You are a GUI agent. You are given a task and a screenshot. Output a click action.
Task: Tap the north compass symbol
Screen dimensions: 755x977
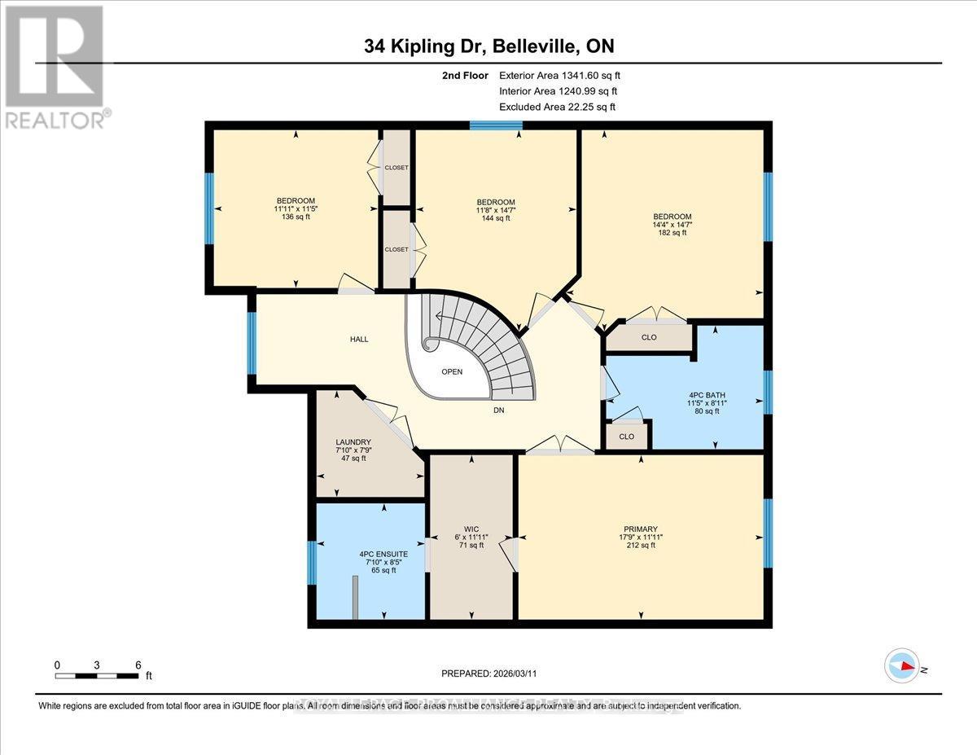pos(902,665)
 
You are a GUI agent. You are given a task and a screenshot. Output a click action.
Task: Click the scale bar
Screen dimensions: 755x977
pos(97,675)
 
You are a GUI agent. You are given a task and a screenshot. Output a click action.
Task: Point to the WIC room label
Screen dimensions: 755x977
pos(471,538)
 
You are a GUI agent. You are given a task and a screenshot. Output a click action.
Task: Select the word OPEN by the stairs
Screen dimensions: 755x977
pos(452,371)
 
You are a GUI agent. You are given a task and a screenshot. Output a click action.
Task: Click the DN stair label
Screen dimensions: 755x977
pos(498,410)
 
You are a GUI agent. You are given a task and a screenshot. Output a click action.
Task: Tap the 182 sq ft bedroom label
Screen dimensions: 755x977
pos(673,224)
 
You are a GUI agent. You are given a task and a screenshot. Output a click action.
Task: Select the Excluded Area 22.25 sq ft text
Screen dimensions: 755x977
pos(557,107)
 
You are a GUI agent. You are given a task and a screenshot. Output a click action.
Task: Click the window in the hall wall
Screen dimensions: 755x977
pos(252,342)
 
